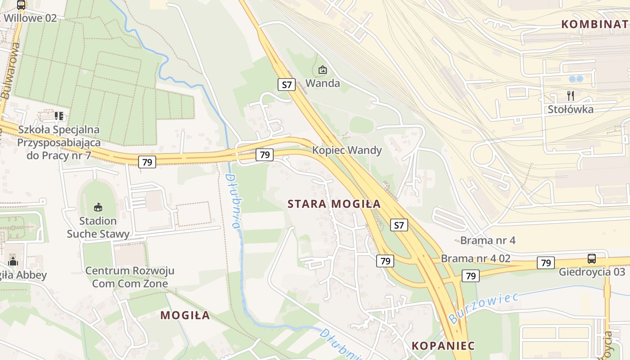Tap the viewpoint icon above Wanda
click(x=322, y=70)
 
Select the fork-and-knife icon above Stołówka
click(x=570, y=95)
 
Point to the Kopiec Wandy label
click(x=347, y=150)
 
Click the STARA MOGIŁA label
click(x=334, y=204)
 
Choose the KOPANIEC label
click(x=443, y=346)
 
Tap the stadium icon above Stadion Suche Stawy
click(x=98, y=207)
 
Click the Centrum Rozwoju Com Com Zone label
click(x=130, y=277)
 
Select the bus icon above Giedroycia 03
click(x=591, y=259)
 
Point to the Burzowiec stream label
click(x=483, y=308)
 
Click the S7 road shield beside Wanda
click(x=287, y=84)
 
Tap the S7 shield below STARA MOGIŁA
click(x=399, y=225)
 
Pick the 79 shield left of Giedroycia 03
click(x=545, y=263)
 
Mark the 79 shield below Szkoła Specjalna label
click(x=147, y=162)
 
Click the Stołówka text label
click(x=570, y=109)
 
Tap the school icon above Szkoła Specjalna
click(x=59, y=116)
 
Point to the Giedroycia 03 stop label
click(x=592, y=272)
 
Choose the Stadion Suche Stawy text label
click(x=98, y=227)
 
